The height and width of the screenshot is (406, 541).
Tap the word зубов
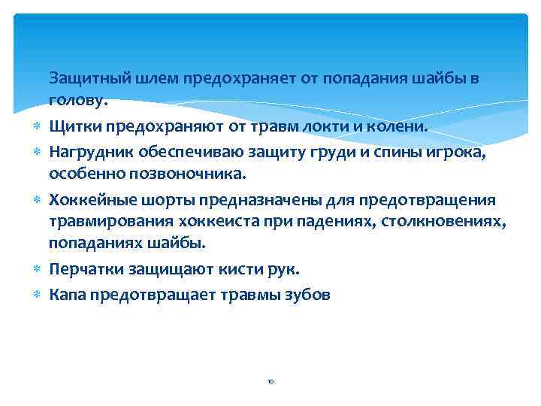point(305,294)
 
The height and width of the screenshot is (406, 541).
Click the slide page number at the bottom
point(270,381)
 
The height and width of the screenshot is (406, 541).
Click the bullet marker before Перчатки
point(37,268)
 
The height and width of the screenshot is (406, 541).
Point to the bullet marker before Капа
point(37,294)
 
